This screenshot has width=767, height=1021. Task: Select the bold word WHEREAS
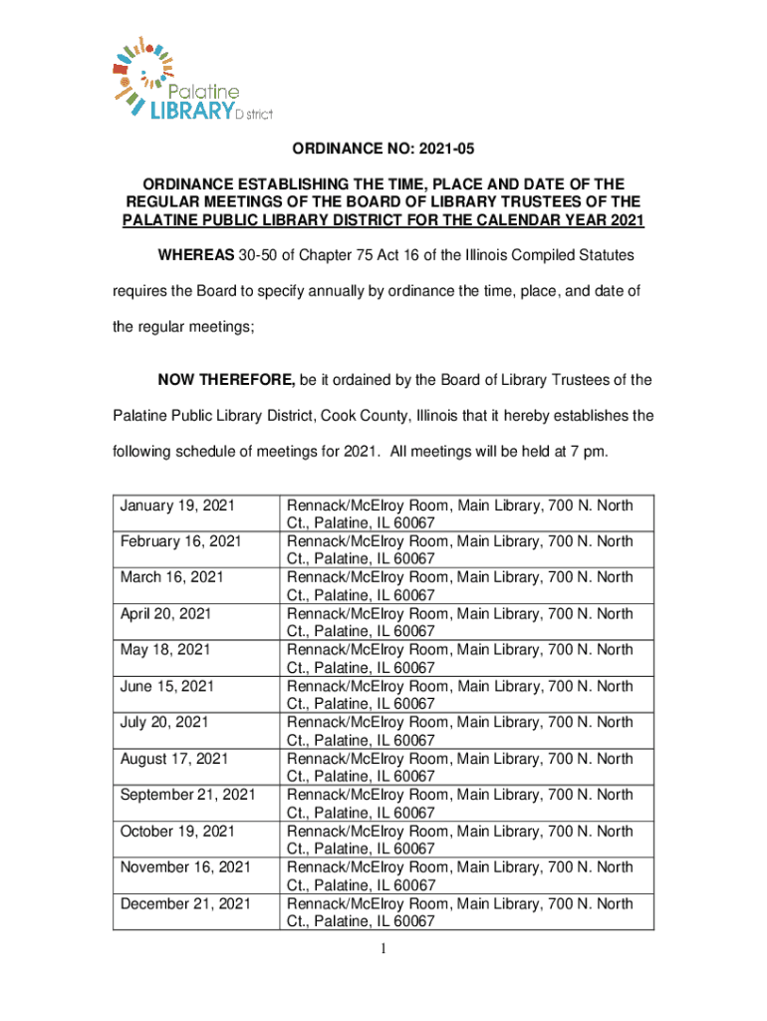195,256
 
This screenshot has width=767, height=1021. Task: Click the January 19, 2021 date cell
177,506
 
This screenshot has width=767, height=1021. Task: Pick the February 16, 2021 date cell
181,541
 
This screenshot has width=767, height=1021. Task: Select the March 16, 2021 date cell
171,577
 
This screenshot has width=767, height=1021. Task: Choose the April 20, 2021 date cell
165,613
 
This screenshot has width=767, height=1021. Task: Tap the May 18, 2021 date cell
165,650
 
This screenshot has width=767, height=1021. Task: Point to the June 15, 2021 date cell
167,686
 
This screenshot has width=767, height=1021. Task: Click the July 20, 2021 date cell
164,722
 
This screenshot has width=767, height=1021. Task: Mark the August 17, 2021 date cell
174,759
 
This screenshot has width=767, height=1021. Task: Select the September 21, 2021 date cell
187,795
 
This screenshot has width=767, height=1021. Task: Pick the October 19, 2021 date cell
177,831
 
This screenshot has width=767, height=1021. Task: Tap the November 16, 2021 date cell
185,867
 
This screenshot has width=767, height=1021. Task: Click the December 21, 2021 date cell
185,903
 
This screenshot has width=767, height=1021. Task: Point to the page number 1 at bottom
383,948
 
